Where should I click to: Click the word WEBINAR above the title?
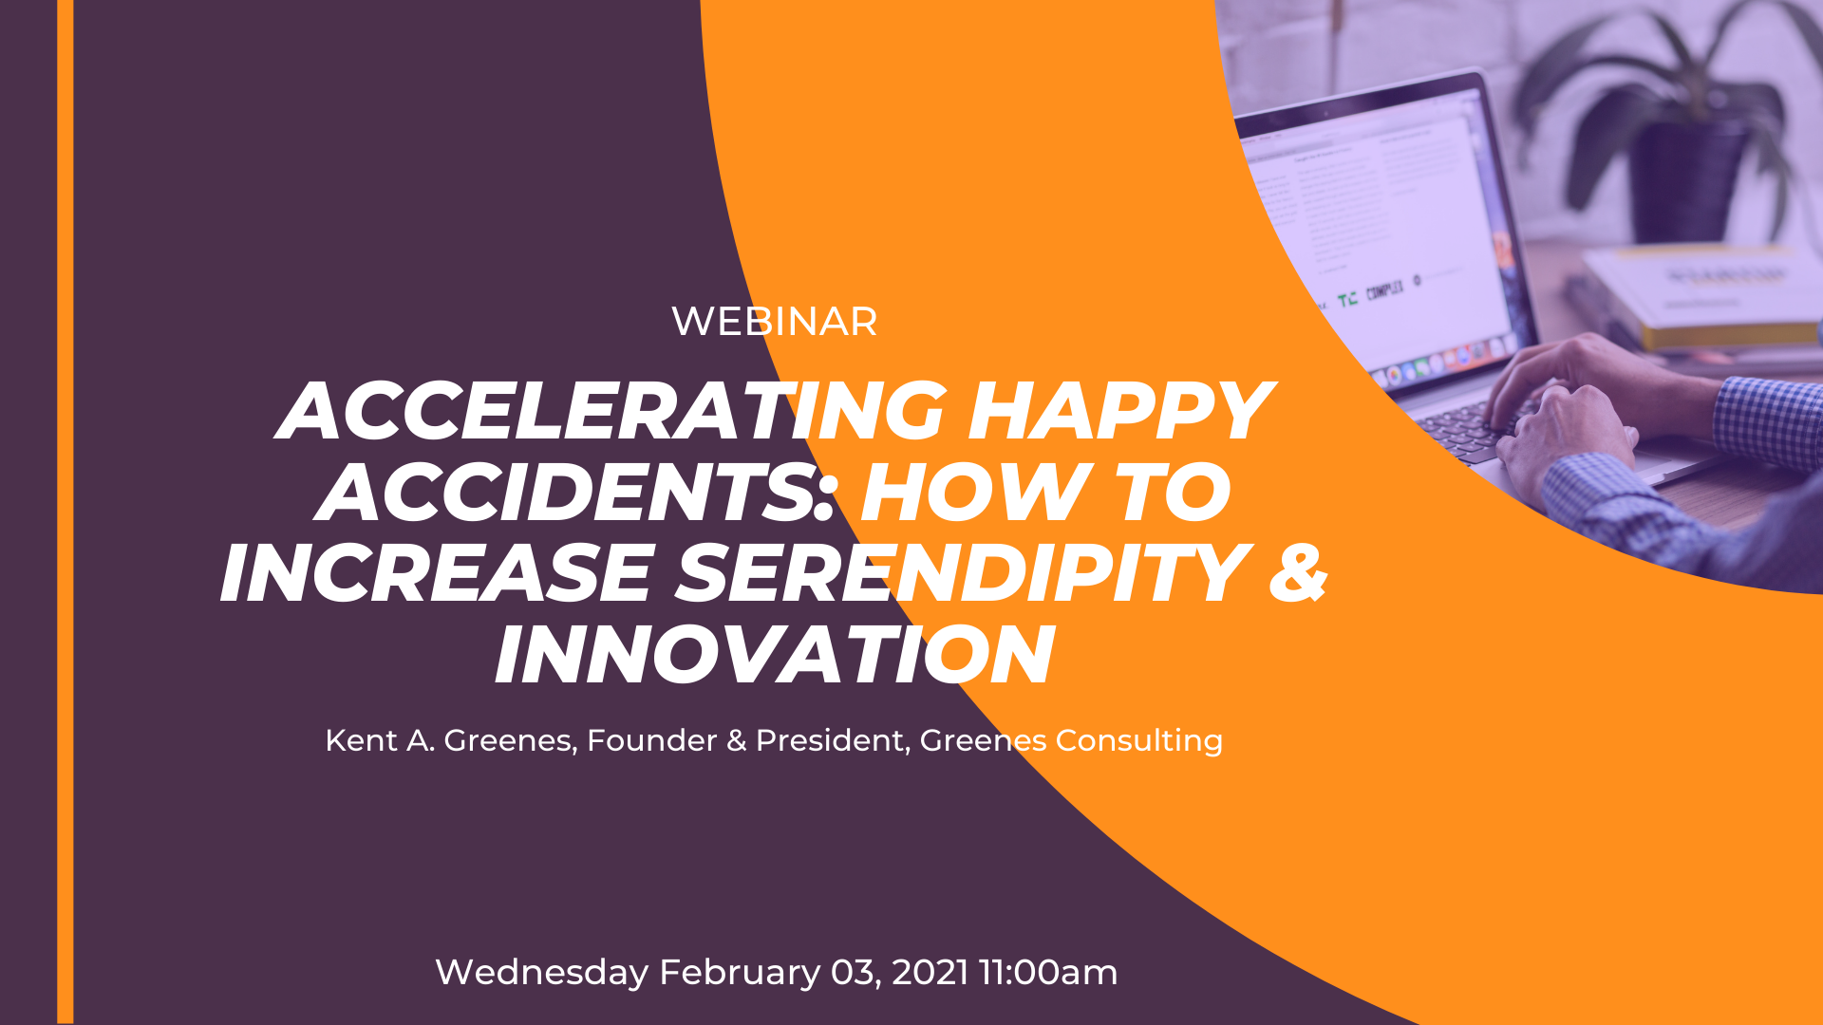pyautogui.click(x=774, y=322)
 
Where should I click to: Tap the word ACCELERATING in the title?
pyautogui.click(x=611, y=410)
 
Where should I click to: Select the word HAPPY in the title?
pyautogui.click(x=1120, y=410)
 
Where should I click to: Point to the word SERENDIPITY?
pyautogui.click(x=963, y=573)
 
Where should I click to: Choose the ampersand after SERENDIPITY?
pyautogui.click(x=1298, y=573)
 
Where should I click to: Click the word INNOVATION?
pyautogui.click(x=774, y=655)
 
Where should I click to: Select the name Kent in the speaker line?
pyautogui.click(x=361, y=740)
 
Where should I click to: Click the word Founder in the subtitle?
pyautogui.click(x=651, y=740)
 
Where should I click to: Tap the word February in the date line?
pyautogui.click(x=740, y=973)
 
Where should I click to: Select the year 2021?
pyautogui.click(x=930, y=973)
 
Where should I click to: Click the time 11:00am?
pyautogui.click(x=1048, y=973)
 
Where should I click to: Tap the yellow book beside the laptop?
pyautogui.click(x=1700, y=294)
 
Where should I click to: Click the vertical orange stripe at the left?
pyautogui.click(x=65, y=512)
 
